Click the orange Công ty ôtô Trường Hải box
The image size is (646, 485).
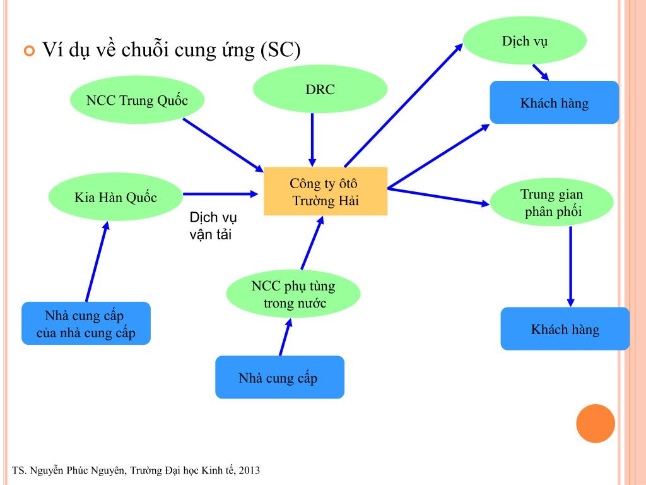[x=325, y=191]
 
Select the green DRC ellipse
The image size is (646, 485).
[x=320, y=89]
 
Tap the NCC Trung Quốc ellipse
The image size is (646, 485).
[x=137, y=100]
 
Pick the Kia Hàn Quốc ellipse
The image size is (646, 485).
[x=115, y=197]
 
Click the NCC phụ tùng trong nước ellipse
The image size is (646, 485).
[x=293, y=294]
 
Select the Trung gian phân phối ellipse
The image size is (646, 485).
[x=552, y=203]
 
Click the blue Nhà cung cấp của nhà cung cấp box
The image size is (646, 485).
[x=86, y=323]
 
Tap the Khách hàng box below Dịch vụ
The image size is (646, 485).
[x=554, y=102]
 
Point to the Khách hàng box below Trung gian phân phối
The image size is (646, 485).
[x=565, y=328]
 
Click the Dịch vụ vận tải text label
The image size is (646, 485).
[x=213, y=225]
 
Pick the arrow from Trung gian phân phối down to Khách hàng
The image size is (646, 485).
[x=570, y=265]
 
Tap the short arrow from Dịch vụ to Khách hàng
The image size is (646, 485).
[x=540, y=71]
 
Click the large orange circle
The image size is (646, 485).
[x=596, y=423]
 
